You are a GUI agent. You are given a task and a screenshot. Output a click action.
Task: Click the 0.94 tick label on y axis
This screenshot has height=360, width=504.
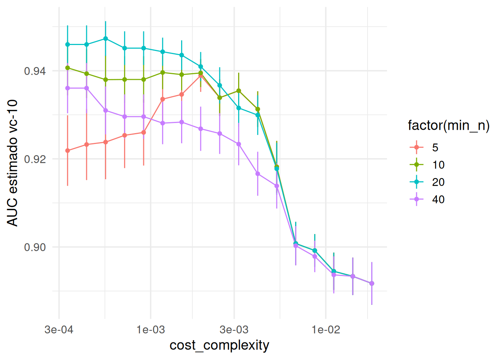(x=35, y=71)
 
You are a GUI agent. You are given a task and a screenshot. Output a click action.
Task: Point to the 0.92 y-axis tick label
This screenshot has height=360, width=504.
(x=35, y=159)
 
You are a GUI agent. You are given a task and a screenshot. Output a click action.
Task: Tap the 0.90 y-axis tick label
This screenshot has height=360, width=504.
(x=35, y=247)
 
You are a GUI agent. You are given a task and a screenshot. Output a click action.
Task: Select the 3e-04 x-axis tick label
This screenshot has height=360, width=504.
(x=59, y=330)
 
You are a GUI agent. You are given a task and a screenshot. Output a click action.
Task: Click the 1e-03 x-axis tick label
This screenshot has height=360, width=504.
(x=150, y=330)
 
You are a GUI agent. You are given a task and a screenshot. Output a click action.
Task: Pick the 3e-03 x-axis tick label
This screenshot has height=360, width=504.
(x=234, y=330)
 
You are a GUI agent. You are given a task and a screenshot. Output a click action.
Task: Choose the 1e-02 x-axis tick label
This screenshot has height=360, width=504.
(x=325, y=330)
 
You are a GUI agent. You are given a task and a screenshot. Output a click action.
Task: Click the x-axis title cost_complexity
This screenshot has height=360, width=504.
(x=219, y=345)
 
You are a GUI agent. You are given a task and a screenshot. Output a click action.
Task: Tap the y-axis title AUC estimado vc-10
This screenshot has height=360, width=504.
(x=13, y=163)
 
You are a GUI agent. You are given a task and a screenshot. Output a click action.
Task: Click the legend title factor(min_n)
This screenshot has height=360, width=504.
(x=448, y=125)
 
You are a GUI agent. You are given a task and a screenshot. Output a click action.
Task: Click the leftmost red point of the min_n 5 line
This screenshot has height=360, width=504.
(x=67, y=151)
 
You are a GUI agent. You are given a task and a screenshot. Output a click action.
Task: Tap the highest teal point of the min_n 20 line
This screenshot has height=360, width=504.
(x=105, y=39)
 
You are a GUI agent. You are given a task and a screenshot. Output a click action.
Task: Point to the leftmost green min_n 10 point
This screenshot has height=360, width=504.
(x=67, y=68)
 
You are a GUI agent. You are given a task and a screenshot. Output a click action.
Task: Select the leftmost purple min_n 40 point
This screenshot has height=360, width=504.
(x=67, y=88)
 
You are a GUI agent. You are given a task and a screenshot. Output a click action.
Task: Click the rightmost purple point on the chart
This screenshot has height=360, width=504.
(x=372, y=283)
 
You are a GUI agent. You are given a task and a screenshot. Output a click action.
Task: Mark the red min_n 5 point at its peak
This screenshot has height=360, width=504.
(x=201, y=75)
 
